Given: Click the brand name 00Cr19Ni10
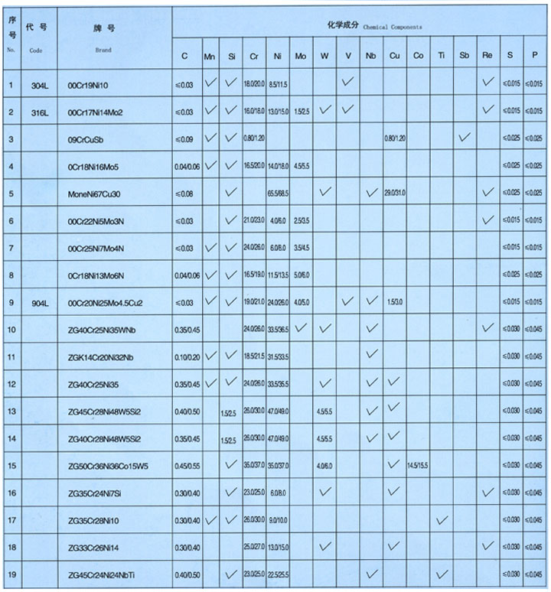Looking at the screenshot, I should click(x=94, y=84).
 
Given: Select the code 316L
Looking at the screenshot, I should click(x=39, y=112).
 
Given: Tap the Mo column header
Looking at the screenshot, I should click(x=301, y=57).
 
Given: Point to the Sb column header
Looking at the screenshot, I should click(x=464, y=57).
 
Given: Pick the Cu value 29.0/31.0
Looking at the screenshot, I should click(x=395, y=194).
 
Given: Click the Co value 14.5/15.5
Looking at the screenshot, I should click(x=418, y=464).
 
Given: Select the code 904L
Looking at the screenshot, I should click(x=39, y=301).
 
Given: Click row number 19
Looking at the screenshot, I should click(x=11, y=574).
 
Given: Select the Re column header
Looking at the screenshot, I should click(x=487, y=57).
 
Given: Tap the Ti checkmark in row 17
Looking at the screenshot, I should click(x=441, y=519).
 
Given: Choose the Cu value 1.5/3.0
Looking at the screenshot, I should click(x=395, y=301).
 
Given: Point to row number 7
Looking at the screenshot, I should click(x=11, y=248).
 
